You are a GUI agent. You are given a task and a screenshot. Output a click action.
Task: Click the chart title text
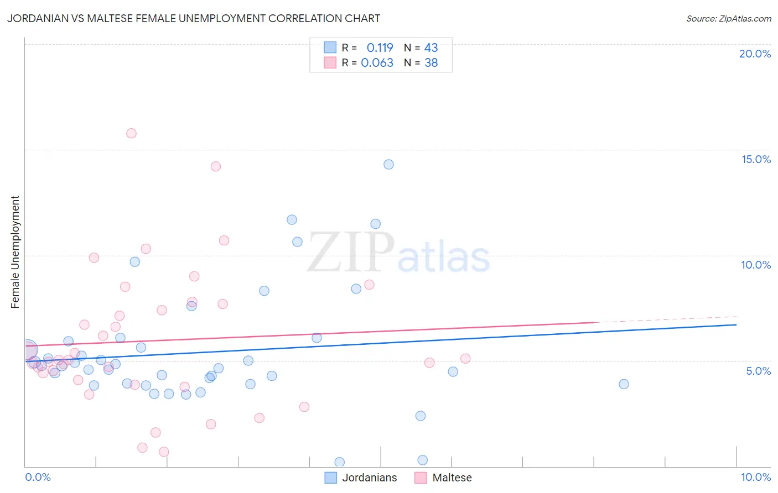[194, 18]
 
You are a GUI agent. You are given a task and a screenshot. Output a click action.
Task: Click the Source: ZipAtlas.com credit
[728, 18]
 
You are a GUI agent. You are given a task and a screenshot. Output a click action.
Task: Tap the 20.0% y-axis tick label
[755, 54]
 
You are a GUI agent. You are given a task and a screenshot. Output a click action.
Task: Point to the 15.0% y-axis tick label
[756, 159]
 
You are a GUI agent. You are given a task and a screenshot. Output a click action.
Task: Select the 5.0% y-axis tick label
[758, 371]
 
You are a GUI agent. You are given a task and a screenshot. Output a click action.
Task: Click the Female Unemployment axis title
[15, 252]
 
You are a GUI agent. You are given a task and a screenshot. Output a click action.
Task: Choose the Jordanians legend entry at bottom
[361, 478]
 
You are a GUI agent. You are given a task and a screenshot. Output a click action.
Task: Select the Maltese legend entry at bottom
[444, 478]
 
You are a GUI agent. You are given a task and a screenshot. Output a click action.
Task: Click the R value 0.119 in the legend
[380, 48]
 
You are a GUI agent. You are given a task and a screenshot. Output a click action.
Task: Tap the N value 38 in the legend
[431, 63]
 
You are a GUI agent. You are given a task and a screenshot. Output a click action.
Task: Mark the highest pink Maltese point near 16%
[131, 133]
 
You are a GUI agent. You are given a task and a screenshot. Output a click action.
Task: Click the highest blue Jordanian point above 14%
[388, 165]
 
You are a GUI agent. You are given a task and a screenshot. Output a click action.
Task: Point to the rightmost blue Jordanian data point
[624, 384]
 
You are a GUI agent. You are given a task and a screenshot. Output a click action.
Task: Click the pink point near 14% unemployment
[216, 166]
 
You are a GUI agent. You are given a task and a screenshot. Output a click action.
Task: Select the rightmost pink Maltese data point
[465, 359]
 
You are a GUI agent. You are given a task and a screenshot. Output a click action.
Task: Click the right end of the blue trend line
[736, 325]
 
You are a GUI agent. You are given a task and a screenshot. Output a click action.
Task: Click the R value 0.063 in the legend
[377, 63]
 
